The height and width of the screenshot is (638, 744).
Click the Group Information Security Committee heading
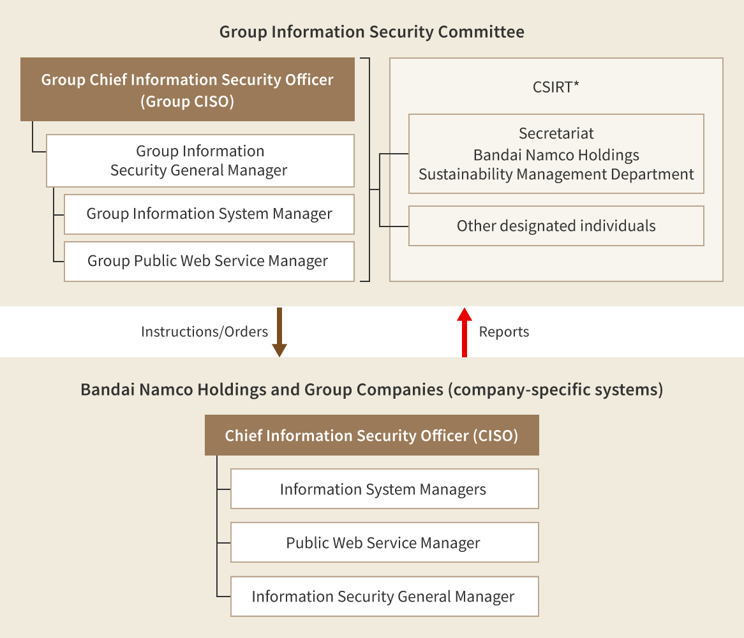[371, 32]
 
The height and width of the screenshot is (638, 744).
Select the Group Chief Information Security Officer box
[187, 89]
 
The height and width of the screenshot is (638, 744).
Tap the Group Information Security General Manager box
[200, 161]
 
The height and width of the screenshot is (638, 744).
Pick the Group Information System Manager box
[209, 214]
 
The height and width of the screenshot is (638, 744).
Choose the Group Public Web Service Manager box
[209, 262]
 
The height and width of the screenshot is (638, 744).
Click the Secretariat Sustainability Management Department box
[556, 154]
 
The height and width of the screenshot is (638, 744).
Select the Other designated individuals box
[556, 226]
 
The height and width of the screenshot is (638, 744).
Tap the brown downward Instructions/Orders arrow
[279, 332]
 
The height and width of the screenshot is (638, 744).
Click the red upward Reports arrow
[465, 332]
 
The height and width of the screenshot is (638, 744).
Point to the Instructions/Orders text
[204, 332]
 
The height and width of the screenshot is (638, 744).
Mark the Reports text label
[503, 332]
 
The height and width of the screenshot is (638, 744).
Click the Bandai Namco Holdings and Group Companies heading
[371, 390]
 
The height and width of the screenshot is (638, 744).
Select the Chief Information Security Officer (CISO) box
[371, 436]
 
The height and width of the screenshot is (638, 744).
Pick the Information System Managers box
[384, 489]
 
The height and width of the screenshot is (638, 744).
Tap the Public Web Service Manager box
[384, 543]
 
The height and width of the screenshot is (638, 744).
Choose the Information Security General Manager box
[384, 597]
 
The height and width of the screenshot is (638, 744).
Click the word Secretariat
[556, 133]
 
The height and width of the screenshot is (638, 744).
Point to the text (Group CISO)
[187, 101]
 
